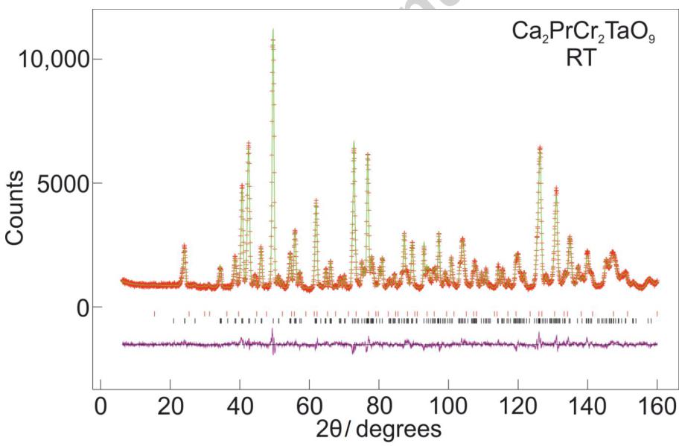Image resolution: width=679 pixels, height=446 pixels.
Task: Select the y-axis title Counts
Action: (16, 206)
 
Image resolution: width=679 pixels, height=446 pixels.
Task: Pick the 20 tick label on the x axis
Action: (170, 407)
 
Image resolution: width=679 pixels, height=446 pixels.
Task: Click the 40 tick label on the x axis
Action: (240, 407)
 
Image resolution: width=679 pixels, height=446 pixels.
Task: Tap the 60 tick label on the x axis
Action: (309, 407)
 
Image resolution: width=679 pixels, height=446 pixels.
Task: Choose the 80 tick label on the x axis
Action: (378, 407)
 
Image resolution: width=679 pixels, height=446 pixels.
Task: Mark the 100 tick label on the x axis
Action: (448, 407)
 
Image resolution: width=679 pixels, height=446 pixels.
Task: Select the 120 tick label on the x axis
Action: (517, 407)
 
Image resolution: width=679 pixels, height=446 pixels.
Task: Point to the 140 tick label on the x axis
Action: (587, 407)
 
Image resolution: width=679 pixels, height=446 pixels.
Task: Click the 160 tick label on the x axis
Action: (656, 407)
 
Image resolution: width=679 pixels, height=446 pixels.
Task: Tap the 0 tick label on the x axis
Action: (101, 407)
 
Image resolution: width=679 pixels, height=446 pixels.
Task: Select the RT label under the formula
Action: (580, 58)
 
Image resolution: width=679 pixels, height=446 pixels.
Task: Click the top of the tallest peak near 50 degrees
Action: (273, 30)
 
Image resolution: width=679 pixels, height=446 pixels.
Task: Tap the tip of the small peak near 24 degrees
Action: (184, 245)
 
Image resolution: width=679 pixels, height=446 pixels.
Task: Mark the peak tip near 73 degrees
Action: (354, 142)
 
